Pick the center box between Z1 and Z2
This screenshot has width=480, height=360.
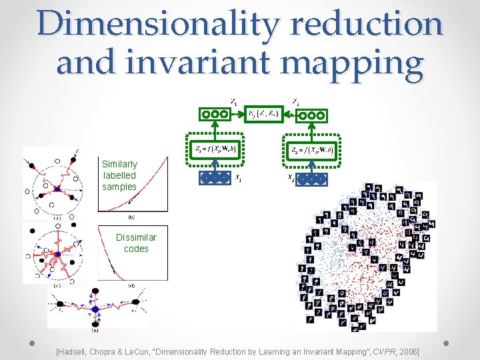[263, 114]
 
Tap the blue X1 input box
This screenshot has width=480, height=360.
[215, 177]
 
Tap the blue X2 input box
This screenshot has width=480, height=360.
[311, 179]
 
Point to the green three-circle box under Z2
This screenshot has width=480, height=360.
[311, 115]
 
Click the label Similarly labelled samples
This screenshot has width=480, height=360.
[119, 175]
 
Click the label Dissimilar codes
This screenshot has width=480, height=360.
[136, 243]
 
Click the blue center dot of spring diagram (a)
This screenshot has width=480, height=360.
[57, 189]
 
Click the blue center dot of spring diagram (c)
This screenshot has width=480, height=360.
[58, 253]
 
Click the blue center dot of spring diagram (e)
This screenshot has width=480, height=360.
[95, 309]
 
